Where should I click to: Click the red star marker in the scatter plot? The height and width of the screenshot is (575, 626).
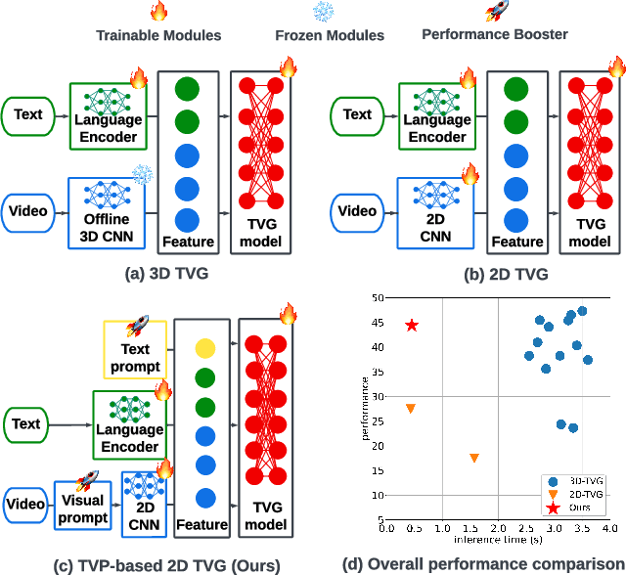412,325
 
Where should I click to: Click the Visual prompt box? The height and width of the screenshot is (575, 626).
83,506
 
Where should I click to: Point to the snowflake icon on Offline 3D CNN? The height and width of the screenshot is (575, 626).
141,174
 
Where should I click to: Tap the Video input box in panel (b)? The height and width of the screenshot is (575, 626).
357,210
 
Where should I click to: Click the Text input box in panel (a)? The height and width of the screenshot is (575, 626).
28,114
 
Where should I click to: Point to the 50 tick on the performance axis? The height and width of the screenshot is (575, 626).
376,298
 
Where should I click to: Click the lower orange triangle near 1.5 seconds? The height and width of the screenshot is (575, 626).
474,458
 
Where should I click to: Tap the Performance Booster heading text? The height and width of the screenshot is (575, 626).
494,34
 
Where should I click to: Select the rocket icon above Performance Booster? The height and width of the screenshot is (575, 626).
494,12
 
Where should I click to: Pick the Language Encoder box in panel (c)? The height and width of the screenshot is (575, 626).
130,429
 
